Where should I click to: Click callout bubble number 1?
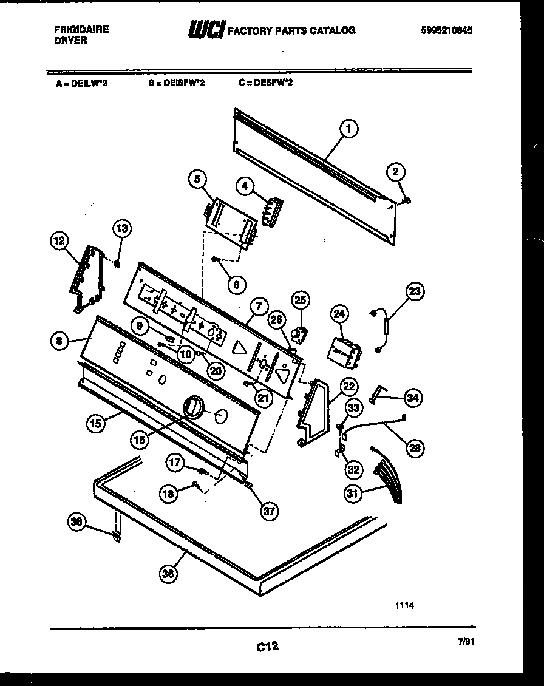(x=348, y=129)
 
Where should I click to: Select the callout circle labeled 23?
(x=414, y=291)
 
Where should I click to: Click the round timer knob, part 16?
(x=192, y=406)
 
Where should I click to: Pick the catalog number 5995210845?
(x=447, y=30)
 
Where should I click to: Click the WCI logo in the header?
(x=207, y=29)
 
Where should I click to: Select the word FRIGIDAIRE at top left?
(x=81, y=29)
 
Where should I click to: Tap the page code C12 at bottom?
(x=267, y=647)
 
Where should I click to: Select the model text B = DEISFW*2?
(x=176, y=83)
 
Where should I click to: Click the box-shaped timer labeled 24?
(x=344, y=351)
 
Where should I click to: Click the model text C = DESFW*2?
(x=265, y=83)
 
